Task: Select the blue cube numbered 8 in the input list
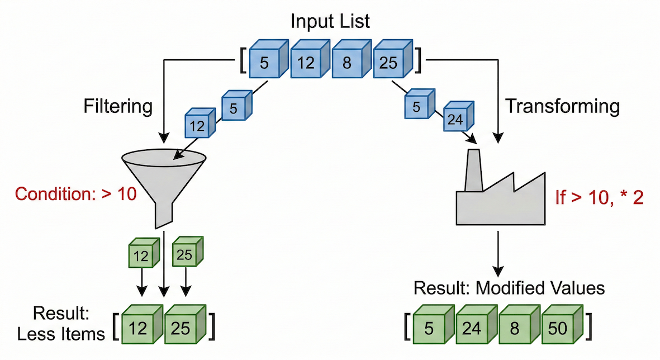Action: [x=347, y=62]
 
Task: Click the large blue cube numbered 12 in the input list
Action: [x=306, y=62]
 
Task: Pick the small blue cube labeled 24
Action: [x=457, y=117]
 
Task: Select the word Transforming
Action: [x=562, y=106]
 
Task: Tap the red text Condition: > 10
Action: [x=76, y=195]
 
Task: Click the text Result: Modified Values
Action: [x=509, y=288]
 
